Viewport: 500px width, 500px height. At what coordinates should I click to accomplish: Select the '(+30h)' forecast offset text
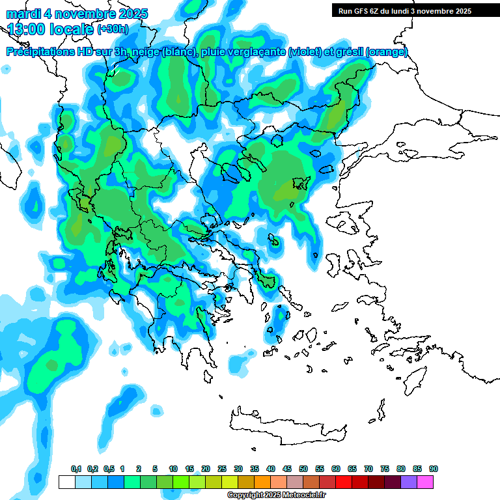click(113, 29)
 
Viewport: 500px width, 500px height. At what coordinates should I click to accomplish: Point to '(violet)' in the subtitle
click(305, 52)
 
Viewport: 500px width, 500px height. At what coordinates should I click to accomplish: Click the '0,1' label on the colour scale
click(76, 469)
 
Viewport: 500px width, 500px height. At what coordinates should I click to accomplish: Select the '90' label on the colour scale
click(434, 469)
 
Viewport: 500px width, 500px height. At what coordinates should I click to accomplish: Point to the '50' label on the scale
click(303, 469)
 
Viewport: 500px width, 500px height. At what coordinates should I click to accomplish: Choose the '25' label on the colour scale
click(222, 469)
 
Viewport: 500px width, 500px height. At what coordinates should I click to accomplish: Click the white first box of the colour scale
click(66, 482)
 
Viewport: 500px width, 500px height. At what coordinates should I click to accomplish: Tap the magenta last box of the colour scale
click(426, 482)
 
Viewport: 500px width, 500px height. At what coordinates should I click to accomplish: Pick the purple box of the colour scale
click(409, 482)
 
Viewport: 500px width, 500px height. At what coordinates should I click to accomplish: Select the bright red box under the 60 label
click(343, 482)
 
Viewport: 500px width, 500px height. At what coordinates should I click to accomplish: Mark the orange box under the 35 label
click(262, 482)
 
